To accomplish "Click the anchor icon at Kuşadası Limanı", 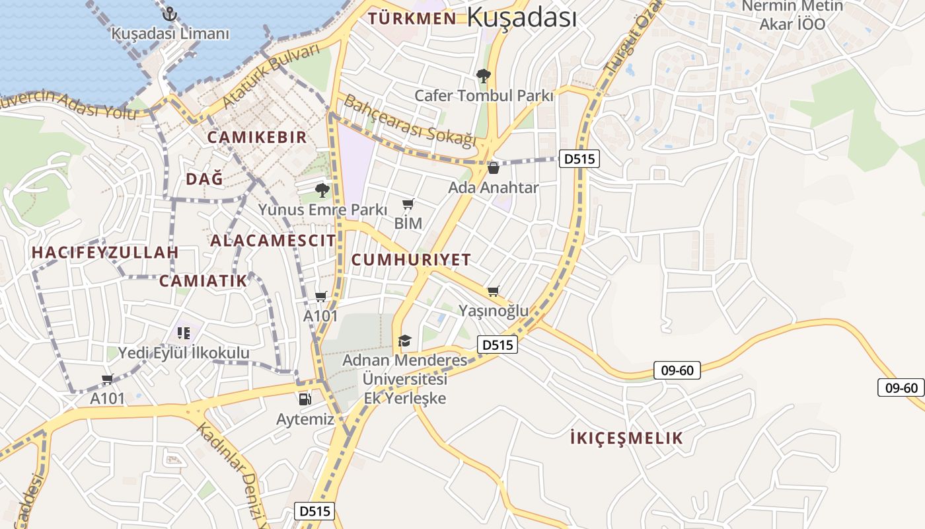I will click(x=170, y=13).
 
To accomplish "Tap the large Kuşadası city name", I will click(x=521, y=18).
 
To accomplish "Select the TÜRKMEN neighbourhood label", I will click(x=412, y=19).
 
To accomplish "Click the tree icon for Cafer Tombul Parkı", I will click(x=484, y=76).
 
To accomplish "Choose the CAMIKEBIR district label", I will click(x=257, y=138).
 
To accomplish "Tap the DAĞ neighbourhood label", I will click(x=204, y=179).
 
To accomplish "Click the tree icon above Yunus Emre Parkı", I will click(x=322, y=190).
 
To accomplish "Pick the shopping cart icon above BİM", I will click(x=408, y=204).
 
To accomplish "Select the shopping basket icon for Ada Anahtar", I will click(x=494, y=168).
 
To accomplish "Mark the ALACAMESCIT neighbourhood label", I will click(x=273, y=241).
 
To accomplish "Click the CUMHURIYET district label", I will click(x=411, y=260).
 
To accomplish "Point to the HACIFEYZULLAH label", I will click(x=105, y=253).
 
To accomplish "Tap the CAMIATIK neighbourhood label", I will click(x=203, y=281).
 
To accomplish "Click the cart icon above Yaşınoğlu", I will click(x=494, y=291).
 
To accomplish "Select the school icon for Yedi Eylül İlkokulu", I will click(x=184, y=333).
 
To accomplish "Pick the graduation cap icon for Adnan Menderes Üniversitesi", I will click(x=404, y=341).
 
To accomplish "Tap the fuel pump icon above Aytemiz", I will click(x=305, y=399).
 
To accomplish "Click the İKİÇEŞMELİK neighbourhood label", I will click(x=626, y=438).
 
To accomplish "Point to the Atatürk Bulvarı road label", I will click(x=271, y=77).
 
